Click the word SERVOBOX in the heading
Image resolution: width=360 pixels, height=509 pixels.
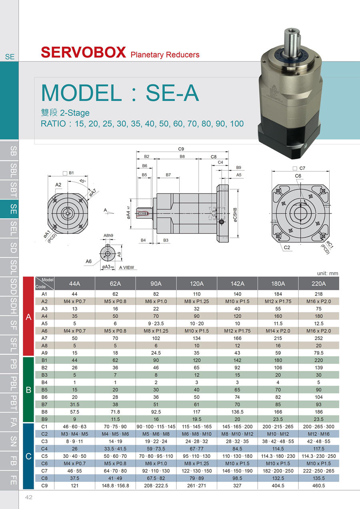(x=83, y=52)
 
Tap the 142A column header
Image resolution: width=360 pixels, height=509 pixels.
(x=237, y=283)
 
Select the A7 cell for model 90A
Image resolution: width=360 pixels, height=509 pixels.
(x=156, y=338)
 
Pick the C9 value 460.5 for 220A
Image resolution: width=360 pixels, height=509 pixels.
(x=319, y=485)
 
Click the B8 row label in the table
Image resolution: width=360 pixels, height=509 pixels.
(x=44, y=412)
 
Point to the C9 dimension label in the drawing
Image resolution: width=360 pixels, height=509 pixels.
(x=181, y=149)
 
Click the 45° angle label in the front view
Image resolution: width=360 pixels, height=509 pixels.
(x=82, y=181)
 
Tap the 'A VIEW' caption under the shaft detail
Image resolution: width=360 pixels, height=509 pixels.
(x=126, y=267)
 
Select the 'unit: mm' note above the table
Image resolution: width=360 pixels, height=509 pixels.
(x=328, y=273)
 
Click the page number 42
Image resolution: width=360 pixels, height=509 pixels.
(x=29, y=497)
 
